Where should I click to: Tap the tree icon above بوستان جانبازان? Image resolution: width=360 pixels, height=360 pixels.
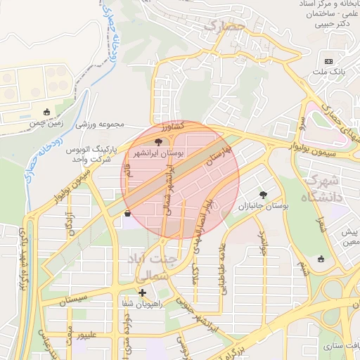tap(263, 195)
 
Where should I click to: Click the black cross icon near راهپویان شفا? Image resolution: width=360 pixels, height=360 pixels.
tap(142, 292)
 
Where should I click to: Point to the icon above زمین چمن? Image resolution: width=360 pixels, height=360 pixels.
tap(47, 111)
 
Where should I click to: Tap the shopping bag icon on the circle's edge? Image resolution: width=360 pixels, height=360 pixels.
tap(127, 214)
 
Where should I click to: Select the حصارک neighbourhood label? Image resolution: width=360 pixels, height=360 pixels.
tap(223, 27)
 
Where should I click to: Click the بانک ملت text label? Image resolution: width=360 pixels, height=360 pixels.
tap(330, 72)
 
